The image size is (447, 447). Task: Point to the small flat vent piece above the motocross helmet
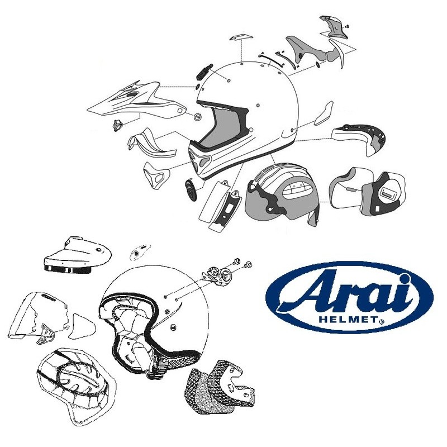click(237, 38)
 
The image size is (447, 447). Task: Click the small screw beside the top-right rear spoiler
click(346, 26)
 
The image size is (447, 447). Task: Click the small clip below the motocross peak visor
click(117, 125)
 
